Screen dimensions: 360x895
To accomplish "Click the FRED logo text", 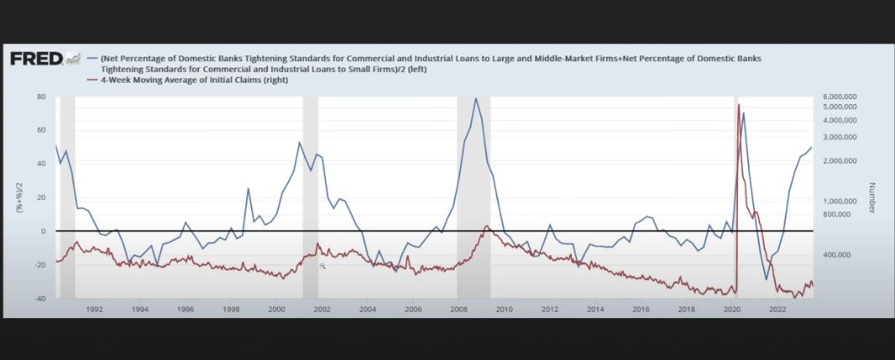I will [36, 58].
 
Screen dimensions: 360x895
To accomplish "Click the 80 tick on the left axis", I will [40, 97].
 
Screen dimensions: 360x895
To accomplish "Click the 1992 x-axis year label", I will [94, 309].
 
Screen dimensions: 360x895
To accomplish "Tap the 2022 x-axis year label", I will [777, 309].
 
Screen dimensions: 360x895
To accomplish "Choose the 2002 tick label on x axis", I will [322, 309].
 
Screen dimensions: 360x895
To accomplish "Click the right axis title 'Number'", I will [872, 198].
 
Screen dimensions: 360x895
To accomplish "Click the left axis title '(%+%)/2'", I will [18, 198].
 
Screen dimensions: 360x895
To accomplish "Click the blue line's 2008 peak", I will [476, 98].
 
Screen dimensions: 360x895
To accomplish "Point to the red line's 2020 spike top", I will [739, 105].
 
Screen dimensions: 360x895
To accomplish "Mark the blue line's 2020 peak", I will [744, 112].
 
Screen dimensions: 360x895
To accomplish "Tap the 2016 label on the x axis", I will [641, 309].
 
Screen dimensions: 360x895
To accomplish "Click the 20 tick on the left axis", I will [40, 197].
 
